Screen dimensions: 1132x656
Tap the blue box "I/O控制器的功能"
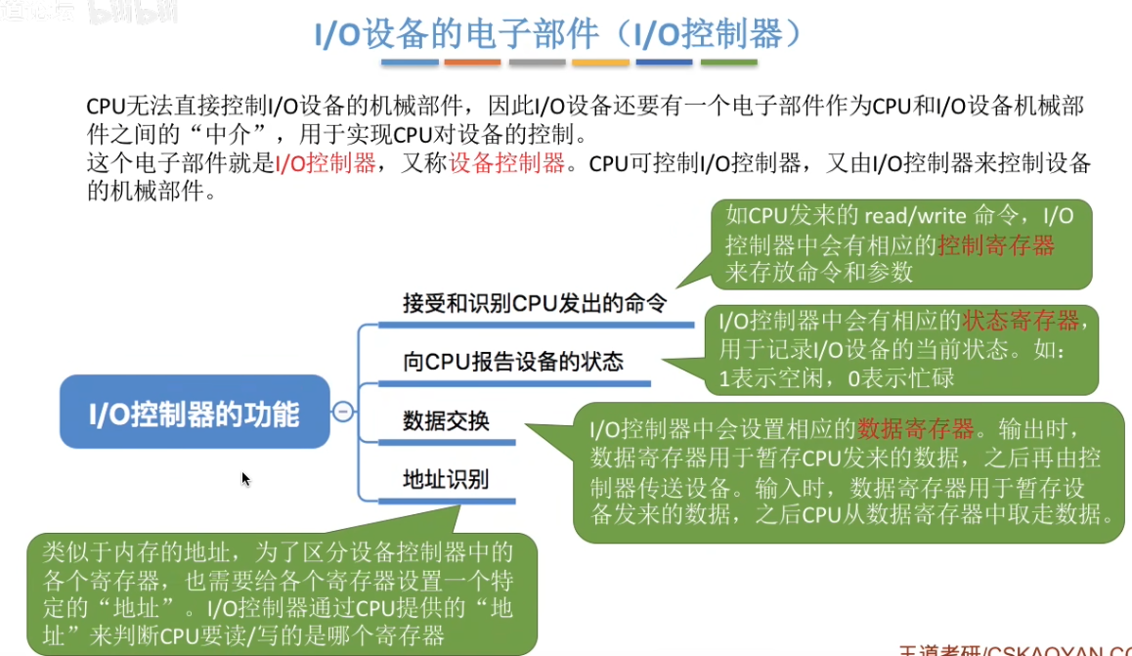pos(195,415)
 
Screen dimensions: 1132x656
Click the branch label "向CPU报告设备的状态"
pos(512,362)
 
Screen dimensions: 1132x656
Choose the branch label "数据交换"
pos(446,421)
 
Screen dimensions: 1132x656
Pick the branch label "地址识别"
pos(446,480)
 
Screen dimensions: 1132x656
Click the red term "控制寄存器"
pos(996,244)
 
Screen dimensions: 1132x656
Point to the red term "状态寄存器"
pos(1021,321)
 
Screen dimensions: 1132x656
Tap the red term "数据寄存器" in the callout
pos(916,428)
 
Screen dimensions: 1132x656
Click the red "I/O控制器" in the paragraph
pos(326,163)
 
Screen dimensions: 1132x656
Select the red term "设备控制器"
pos(507,163)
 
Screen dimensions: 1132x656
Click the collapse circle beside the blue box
pos(343,413)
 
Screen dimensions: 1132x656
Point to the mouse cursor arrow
pos(245,478)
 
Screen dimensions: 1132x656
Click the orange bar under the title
pos(472,63)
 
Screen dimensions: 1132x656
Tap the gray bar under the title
pos(537,63)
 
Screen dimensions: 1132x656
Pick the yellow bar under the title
pos(600,63)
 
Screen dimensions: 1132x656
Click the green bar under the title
pos(729,63)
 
